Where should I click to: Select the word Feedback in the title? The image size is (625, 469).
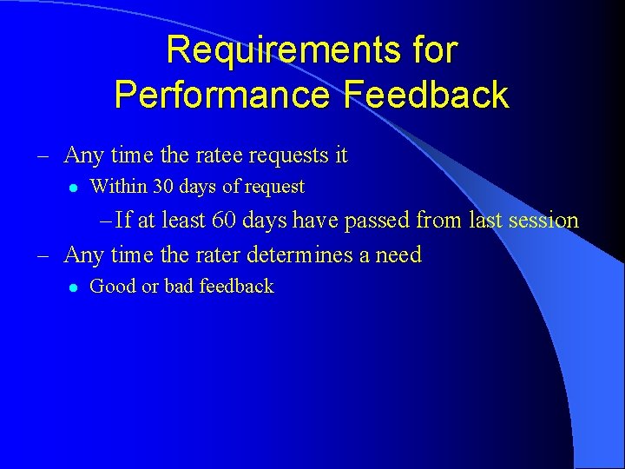(425, 94)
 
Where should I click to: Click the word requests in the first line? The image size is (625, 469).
(287, 155)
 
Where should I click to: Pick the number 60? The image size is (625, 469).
(224, 220)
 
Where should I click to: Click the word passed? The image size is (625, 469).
(378, 220)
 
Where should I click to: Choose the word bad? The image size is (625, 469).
(179, 286)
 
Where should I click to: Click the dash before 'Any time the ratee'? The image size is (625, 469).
(42, 156)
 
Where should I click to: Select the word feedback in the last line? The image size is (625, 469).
(236, 286)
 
